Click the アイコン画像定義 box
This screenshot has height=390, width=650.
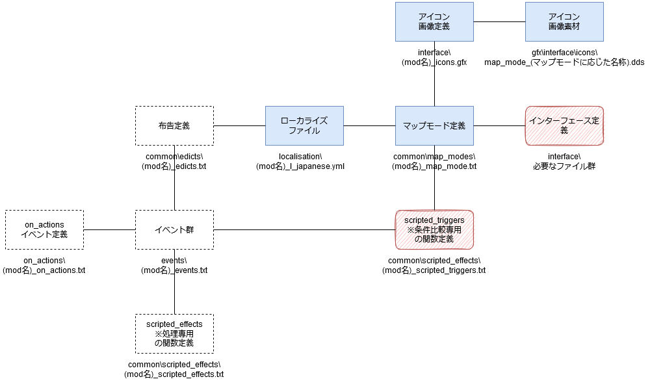[x=434, y=21]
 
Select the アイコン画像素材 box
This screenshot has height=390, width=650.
[x=564, y=21]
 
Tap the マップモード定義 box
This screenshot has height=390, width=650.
[x=434, y=125]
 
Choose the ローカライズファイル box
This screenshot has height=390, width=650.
[x=304, y=125]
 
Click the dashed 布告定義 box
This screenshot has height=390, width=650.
[x=174, y=125]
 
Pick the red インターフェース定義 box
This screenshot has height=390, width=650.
[x=564, y=125]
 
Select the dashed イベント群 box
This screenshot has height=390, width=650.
[x=174, y=229]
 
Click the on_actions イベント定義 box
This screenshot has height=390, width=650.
[x=44, y=229]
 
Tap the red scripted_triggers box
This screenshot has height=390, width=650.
[x=434, y=229]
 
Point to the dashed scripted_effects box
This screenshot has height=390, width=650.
[x=174, y=333]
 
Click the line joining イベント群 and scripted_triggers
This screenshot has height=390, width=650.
[x=305, y=229]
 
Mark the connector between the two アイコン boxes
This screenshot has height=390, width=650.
[x=499, y=21]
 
